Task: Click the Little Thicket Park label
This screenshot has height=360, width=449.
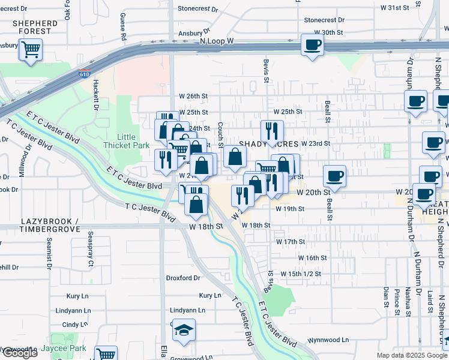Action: (x=126, y=141)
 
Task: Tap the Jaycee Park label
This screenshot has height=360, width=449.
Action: (x=64, y=348)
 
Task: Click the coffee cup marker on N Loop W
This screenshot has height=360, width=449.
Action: (x=312, y=45)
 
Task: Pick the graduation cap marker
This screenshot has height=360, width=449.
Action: (x=184, y=330)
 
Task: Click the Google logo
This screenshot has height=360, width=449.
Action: (x=19, y=353)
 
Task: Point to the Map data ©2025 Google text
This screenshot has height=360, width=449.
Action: (x=411, y=355)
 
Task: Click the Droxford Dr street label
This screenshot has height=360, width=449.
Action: (x=183, y=278)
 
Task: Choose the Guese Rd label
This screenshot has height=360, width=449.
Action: (x=123, y=27)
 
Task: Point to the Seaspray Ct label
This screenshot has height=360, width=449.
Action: (x=91, y=250)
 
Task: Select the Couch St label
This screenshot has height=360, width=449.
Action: (x=221, y=136)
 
